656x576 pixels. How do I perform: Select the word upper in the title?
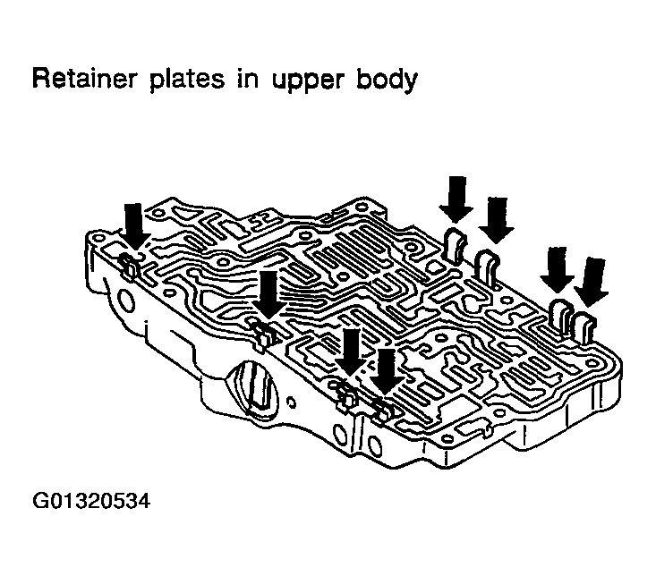309,81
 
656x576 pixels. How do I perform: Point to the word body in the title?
387,79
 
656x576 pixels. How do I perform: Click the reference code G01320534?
90,501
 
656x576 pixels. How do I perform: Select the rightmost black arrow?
592,283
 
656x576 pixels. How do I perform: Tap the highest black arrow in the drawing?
456,199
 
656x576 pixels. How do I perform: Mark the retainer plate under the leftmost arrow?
129,266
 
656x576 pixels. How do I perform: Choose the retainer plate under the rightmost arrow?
584,327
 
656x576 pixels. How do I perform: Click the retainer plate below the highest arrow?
456,245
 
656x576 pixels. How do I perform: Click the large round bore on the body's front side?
255,390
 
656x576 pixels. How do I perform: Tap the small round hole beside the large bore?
292,403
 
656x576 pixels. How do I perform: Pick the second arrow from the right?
557,270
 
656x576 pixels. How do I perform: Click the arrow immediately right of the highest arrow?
496,220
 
